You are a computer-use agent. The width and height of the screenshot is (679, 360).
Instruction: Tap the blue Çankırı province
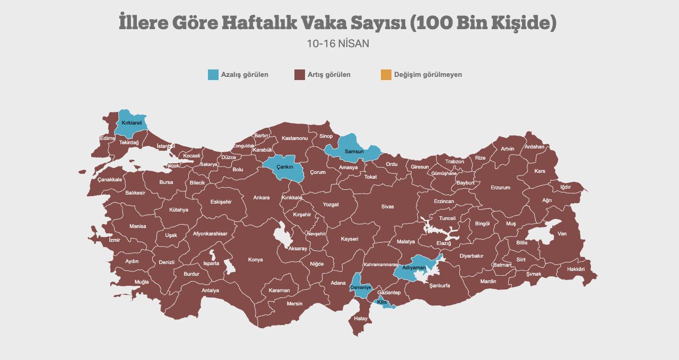click(x=285, y=166)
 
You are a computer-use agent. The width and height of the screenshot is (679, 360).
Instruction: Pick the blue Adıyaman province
click(x=414, y=268)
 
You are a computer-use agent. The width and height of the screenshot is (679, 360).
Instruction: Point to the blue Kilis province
click(x=382, y=302)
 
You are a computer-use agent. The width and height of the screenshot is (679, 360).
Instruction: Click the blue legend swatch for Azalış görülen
click(x=213, y=75)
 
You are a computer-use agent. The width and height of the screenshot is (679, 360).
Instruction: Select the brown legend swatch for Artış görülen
click(x=299, y=75)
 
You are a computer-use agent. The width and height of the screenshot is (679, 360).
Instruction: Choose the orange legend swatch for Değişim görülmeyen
click(x=386, y=75)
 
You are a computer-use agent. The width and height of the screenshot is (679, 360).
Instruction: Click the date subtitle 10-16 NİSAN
click(x=338, y=43)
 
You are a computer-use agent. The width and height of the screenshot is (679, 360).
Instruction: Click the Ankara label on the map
click(x=261, y=198)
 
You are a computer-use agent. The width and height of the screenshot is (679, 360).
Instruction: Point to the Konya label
click(x=255, y=260)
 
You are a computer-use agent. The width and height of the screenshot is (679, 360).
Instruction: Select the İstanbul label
click(x=166, y=146)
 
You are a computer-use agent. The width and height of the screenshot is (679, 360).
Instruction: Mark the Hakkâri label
click(x=576, y=269)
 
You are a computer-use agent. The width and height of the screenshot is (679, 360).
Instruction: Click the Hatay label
click(x=361, y=319)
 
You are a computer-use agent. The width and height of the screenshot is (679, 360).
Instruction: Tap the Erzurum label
click(x=500, y=188)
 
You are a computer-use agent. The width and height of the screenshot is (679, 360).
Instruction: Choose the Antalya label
click(x=211, y=291)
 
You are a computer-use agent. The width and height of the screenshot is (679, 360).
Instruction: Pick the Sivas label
click(x=388, y=207)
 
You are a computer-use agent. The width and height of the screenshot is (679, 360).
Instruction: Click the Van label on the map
click(x=562, y=234)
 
